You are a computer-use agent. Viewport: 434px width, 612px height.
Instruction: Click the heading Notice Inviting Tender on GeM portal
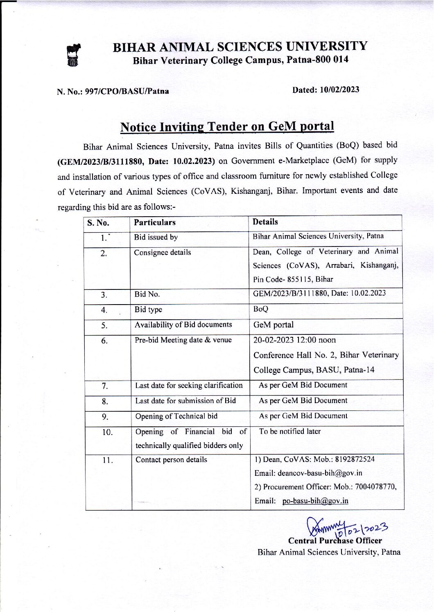coord(227,127)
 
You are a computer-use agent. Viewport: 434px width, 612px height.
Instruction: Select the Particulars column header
coord(155,222)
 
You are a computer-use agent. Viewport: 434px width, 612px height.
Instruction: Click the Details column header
coord(265,222)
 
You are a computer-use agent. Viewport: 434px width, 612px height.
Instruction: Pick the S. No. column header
coord(98,223)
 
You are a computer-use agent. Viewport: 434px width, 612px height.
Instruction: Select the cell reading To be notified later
coord(290,431)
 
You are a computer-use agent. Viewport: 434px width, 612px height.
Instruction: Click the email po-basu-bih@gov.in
coord(315,501)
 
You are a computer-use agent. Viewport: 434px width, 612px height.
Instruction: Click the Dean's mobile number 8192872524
coord(355,459)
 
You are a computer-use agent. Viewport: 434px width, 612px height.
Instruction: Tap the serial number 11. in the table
coord(107,460)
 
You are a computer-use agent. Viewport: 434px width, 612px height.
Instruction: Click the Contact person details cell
coord(171,460)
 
